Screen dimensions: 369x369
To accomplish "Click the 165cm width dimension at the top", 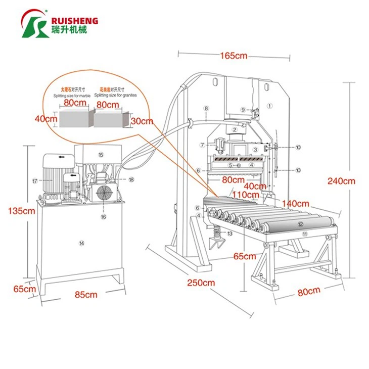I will click(234, 56).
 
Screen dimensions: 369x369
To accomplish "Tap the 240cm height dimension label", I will click(342, 181).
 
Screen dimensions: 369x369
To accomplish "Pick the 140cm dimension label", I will click(296, 203).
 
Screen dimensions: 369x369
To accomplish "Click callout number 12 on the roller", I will click(300, 224).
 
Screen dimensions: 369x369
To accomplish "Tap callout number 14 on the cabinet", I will click(81, 243).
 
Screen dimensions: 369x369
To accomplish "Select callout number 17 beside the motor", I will click(35, 180).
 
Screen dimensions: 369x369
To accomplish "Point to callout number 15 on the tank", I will click(101, 155).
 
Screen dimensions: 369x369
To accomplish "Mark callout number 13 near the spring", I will click(229, 234).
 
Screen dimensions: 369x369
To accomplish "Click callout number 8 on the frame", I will click(206, 108).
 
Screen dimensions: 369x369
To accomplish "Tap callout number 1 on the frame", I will click(270, 106).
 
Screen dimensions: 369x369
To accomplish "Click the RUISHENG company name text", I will click(74, 21).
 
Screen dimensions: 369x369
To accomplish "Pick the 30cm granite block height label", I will click(142, 121).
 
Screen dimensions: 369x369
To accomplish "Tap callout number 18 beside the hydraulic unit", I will click(131, 179).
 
